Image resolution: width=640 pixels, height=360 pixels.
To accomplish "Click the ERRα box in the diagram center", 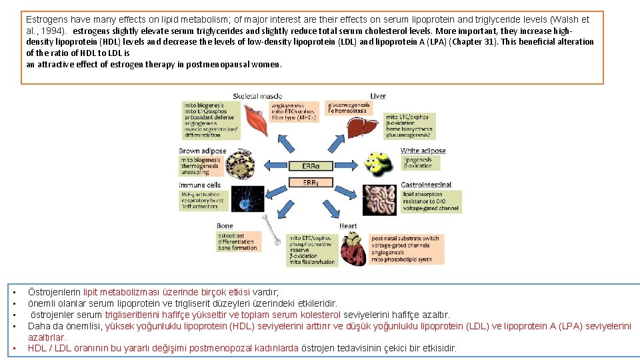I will coord(311,165).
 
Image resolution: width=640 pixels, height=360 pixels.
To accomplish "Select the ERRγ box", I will coord(311,183).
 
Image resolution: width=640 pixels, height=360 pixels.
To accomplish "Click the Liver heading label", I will coord(377,97).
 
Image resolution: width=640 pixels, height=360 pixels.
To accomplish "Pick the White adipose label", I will coord(423,151).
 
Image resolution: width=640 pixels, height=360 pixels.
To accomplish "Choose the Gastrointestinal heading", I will coord(426,185).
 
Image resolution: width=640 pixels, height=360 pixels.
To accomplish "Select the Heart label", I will coord(348,226).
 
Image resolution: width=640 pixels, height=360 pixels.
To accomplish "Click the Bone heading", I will coord(225,227).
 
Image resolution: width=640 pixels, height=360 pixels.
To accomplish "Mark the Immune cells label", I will coord(200,185).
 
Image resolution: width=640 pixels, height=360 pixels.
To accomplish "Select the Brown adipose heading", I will coord(203,151).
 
